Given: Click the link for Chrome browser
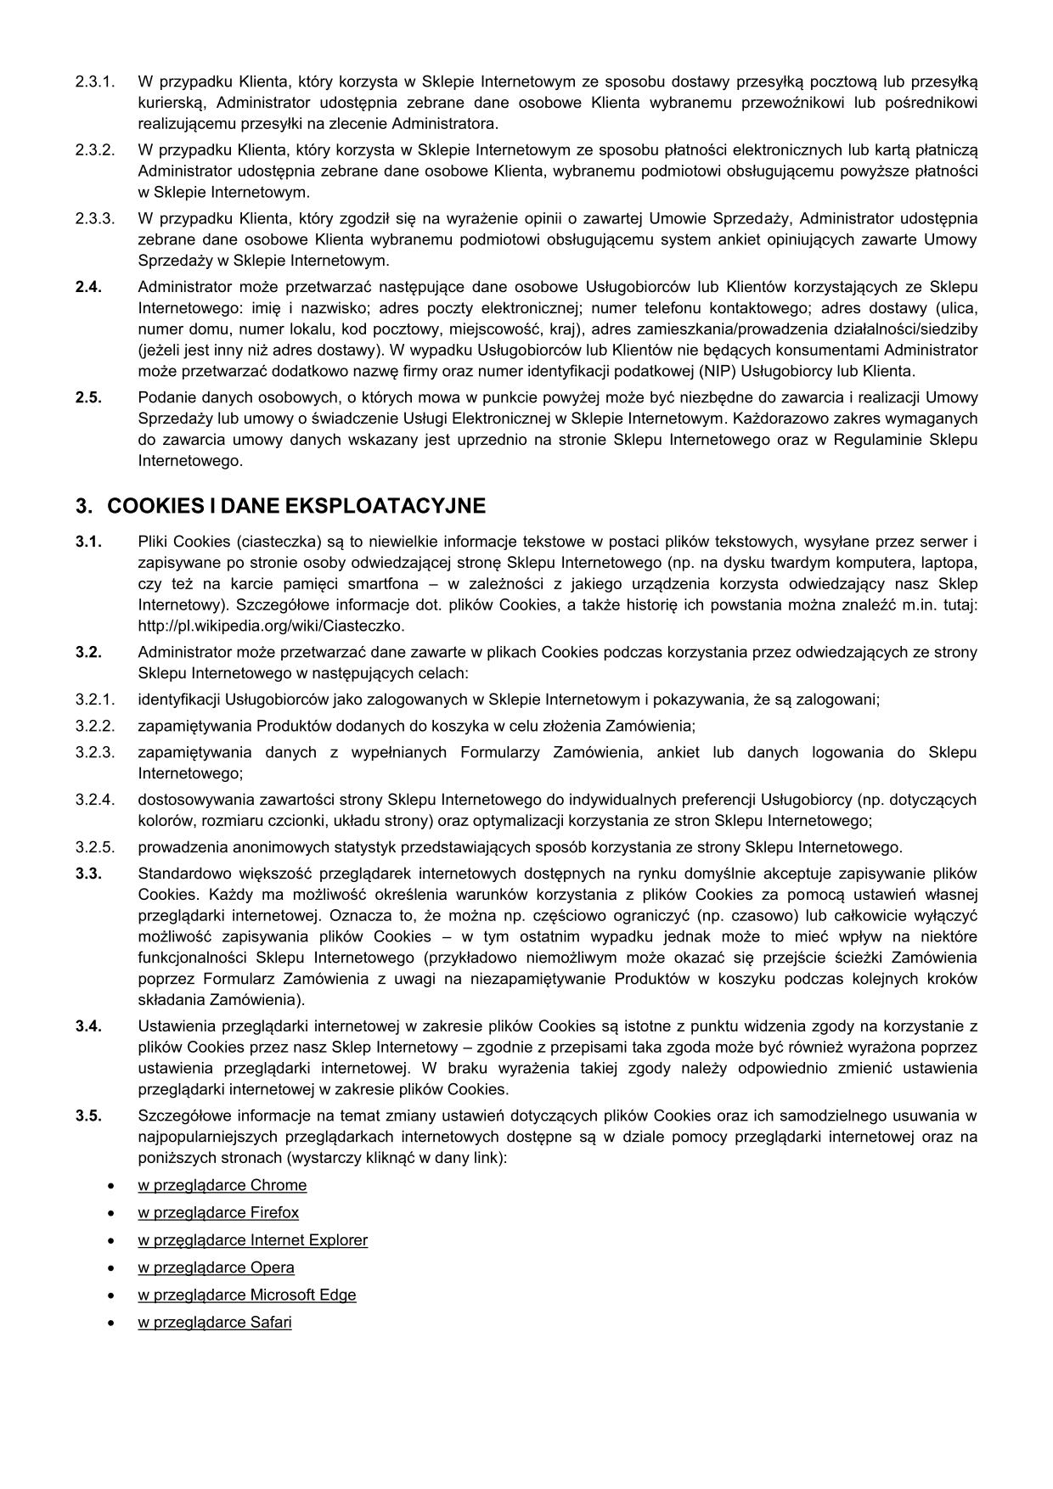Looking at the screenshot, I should tap(222, 1185).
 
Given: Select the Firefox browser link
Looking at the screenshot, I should tap(218, 1212).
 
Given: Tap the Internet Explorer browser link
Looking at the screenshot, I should tap(252, 1240).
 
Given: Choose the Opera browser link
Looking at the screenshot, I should tap(216, 1267).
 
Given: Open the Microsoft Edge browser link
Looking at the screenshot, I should tap(246, 1295).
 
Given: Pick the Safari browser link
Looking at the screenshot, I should tap(215, 1323).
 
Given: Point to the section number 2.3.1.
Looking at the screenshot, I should tap(94, 82).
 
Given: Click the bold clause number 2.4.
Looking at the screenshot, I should tap(88, 286).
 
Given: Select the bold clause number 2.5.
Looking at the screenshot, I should tap(88, 397).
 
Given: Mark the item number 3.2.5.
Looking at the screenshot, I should tap(94, 847).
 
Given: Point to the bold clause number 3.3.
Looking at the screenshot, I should tap(88, 874).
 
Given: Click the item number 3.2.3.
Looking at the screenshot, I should tap(94, 752).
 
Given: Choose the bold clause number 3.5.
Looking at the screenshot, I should tap(88, 1115).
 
